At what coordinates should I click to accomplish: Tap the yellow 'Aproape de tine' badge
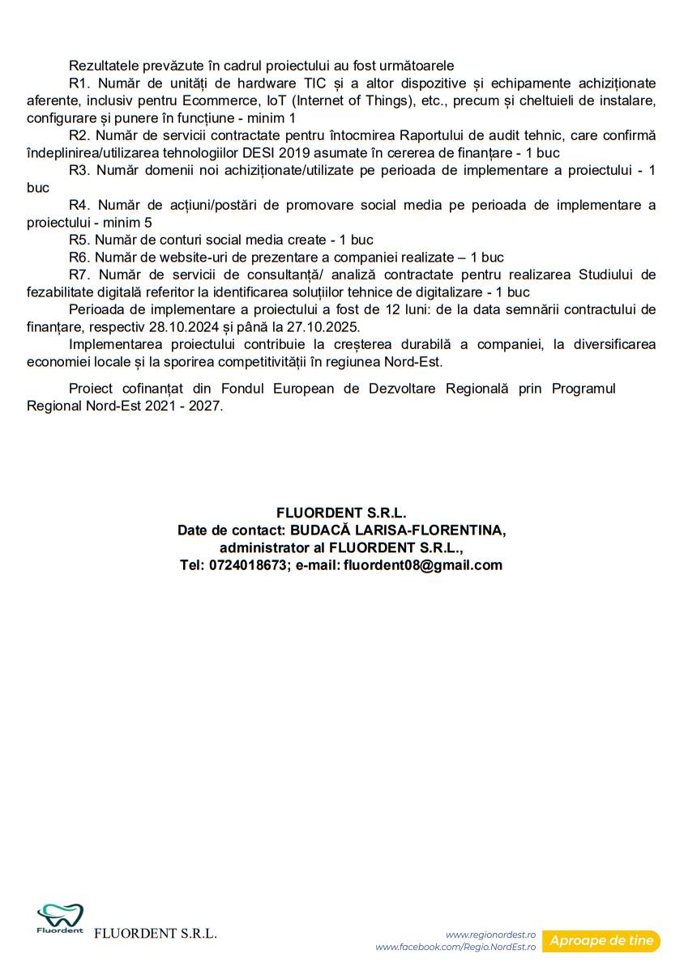pyautogui.click(x=601, y=940)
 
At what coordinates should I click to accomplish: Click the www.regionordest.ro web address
pyautogui.click(x=490, y=935)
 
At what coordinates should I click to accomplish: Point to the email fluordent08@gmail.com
pyautogui.click(x=423, y=565)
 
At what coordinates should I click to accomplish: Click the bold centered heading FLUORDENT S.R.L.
pyautogui.click(x=341, y=513)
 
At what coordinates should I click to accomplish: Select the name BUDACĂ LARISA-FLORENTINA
pyautogui.click(x=398, y=530)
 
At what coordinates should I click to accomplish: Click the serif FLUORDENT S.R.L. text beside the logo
pyautogui.click(x=156, y=934)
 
